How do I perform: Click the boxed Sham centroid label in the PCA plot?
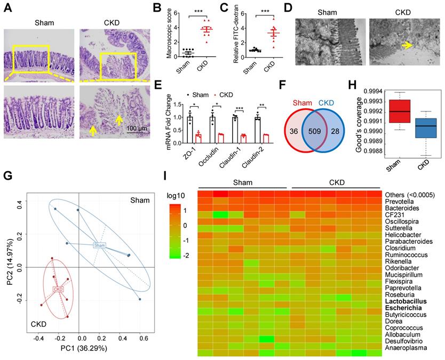pos(99,245)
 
